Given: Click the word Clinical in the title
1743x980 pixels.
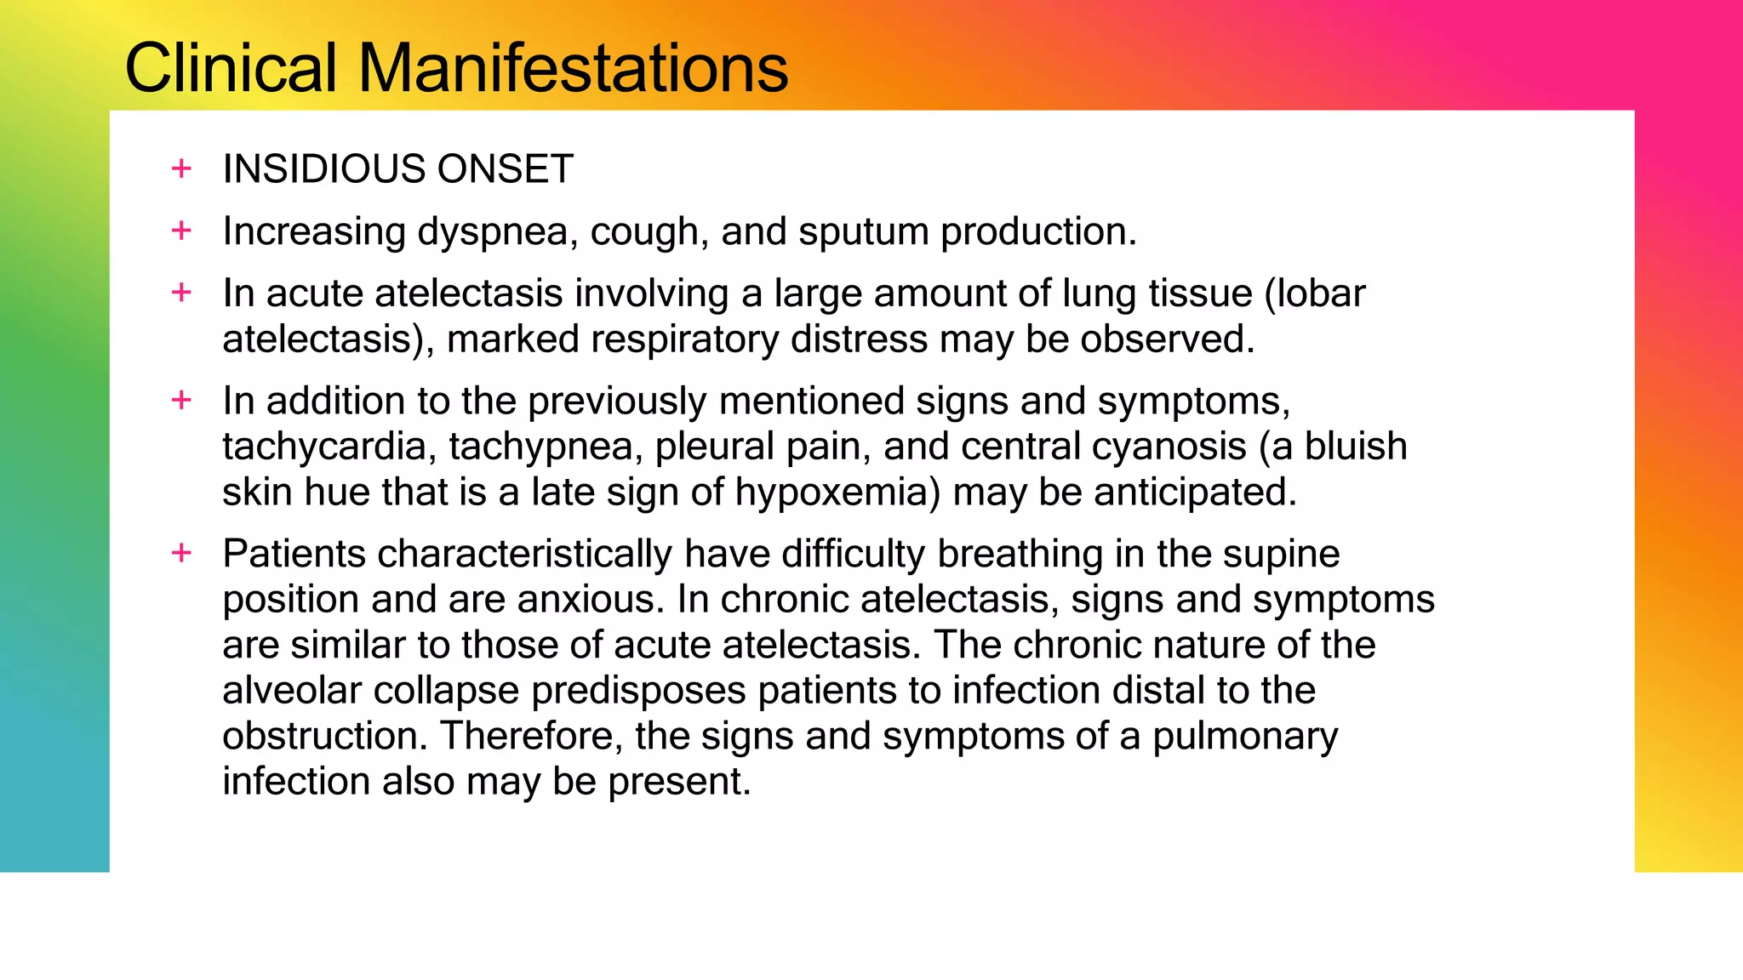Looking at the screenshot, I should (x=231, y=68).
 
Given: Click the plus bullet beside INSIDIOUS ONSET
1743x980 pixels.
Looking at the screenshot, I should (x=181, y=168).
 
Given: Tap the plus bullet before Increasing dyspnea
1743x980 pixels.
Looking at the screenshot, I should (x=181, y=231).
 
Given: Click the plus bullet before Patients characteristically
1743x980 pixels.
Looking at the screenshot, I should (x=181, y=554).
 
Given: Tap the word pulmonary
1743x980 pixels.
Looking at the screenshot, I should (x=1245, y=737).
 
